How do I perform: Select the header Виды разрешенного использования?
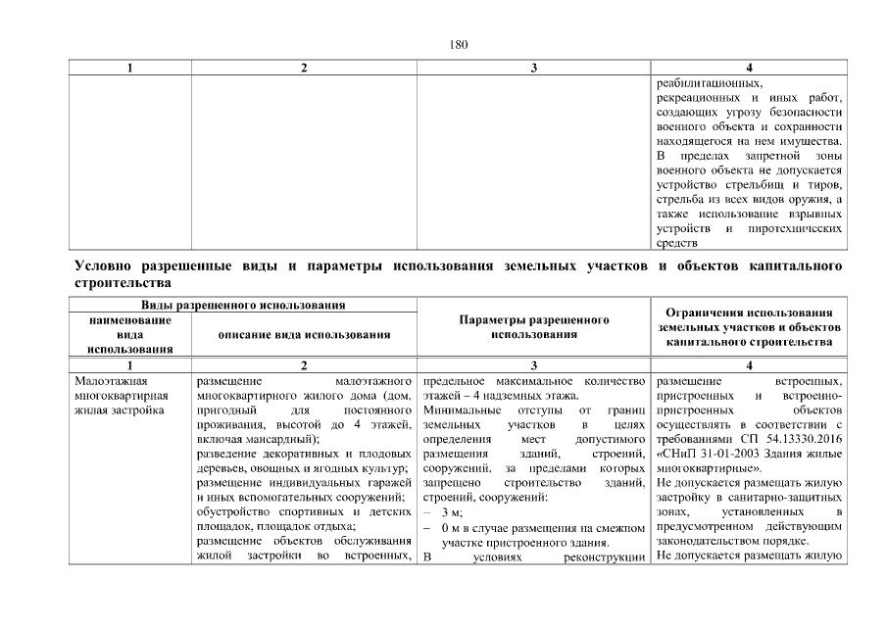point(243,307)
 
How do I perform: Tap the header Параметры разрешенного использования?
point(534,327)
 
